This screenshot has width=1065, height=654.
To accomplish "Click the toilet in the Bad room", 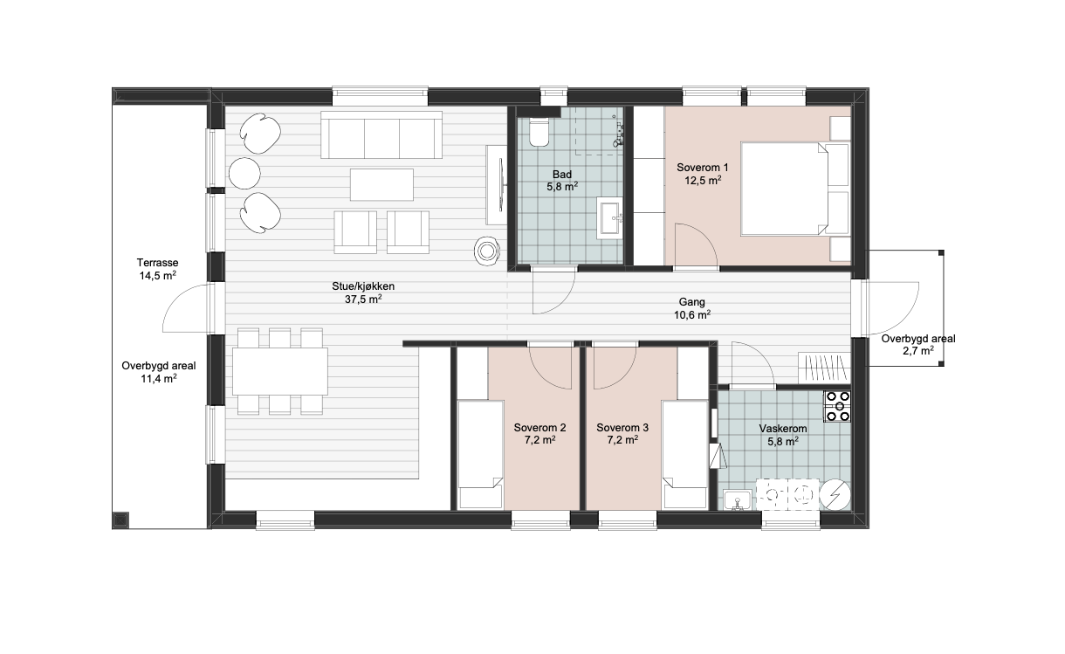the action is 539,131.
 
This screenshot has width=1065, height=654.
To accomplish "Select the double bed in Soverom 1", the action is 794,189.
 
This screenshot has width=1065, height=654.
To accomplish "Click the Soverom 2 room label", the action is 539,434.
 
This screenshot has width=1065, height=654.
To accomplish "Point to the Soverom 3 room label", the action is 622,434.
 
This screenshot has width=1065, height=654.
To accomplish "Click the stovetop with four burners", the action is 837,406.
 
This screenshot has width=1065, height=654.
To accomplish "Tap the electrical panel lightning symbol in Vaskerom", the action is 835,495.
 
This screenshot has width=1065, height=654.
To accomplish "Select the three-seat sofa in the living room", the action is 381,134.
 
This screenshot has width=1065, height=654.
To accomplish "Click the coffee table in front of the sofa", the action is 381,184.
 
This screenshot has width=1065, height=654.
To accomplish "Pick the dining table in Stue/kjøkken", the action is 280,371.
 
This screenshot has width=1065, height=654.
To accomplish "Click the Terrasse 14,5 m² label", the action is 157,269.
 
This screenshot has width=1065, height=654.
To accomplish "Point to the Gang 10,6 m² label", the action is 691,308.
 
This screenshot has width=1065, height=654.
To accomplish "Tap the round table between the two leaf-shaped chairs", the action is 244,174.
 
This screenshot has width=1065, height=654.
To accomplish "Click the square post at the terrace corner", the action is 120,520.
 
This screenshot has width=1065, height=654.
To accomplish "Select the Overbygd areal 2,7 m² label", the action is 918,345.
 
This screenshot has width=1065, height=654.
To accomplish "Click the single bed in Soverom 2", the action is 480,454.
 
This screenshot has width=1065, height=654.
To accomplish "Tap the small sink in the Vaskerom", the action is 738,500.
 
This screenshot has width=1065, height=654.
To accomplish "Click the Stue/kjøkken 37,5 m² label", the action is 363,293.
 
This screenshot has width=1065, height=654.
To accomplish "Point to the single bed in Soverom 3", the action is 685,454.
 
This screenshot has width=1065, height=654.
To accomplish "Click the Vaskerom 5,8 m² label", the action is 782,435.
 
